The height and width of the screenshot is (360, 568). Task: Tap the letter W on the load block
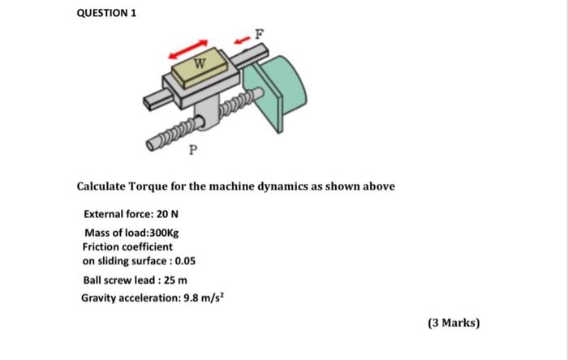(x=200, y=63)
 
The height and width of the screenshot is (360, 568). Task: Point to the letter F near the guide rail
(x=259, y=34)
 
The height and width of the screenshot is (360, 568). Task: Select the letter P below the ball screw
(x=192, y=150)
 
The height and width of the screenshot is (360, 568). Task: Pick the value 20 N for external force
(x=168, y=215)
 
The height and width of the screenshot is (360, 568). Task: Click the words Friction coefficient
(x=127, y=246)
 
